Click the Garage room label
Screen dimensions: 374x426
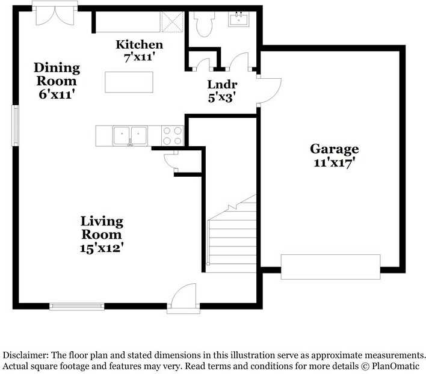[334, 149]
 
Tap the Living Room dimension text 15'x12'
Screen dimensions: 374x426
[102, 247]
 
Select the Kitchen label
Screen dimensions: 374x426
[139, 44]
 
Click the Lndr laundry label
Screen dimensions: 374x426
[222, 84]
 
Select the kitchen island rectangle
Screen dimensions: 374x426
[129, 81]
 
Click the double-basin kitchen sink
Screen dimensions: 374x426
[130, 135]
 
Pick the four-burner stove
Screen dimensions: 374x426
[173, 135]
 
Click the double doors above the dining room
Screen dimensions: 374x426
[55, 14]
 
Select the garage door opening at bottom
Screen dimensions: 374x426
[330, 266]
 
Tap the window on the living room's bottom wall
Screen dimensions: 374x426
[76, 306]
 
